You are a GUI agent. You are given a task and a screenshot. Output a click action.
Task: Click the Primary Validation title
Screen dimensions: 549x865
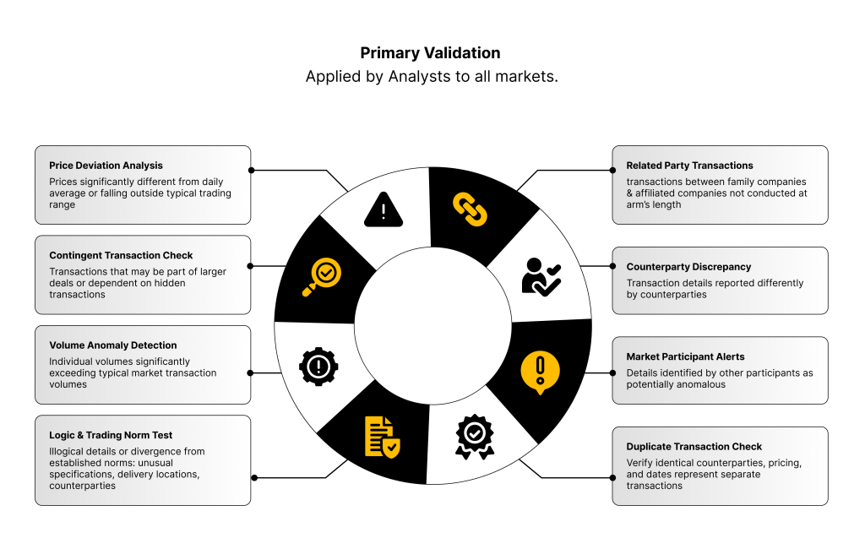click(x=430, y=53)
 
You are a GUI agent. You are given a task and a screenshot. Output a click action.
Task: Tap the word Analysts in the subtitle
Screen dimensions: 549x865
click(x=421, y=77)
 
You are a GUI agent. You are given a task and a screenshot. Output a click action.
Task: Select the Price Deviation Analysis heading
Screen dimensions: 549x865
click(x=106, y=166)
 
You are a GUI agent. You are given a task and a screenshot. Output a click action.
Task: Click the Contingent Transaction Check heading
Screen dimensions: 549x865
click(x=121, y=255)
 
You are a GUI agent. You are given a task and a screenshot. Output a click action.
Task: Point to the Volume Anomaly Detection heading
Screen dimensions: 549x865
click(x=113, y=345)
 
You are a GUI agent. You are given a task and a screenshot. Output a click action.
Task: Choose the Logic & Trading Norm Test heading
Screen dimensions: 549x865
click(x=111, y=435)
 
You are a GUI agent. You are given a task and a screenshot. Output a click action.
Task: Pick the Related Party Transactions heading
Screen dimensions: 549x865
click(x=689, y=166)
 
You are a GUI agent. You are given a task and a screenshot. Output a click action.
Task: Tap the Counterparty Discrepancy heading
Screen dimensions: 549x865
click(x=688, y=267)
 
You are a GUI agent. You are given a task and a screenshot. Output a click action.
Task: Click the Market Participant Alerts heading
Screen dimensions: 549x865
click(x=685, y=356)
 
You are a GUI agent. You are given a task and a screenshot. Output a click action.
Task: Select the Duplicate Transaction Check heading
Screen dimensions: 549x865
click(x=694, y=446)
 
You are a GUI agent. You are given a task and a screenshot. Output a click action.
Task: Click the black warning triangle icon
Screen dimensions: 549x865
click(x=384, y=209)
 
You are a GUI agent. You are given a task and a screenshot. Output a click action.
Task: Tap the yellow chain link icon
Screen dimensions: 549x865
click(x=470, y=209)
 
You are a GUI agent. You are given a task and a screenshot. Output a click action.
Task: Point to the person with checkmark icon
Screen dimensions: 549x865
click(x=541, y=275)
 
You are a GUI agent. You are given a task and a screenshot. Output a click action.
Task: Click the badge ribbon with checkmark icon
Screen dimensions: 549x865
click(x=475, y=434)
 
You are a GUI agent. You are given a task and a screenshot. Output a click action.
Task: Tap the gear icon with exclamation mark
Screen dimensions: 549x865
click(x=318, y=366)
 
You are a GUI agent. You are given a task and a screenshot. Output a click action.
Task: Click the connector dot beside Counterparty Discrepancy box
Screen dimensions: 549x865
click(x=609, y=265)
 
